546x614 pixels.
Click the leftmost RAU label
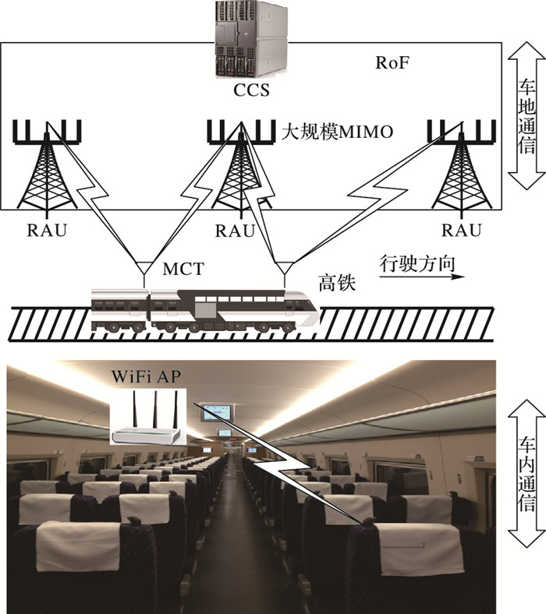click(47, 231)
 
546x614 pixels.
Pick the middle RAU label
click(235, 231)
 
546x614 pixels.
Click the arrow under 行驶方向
click(422, 277)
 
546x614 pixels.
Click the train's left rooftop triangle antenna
click(144, 271)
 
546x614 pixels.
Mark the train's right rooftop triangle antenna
click(285, 271)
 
